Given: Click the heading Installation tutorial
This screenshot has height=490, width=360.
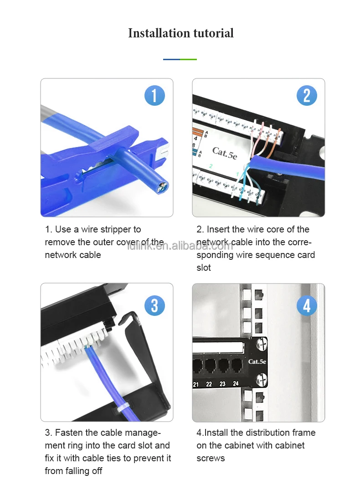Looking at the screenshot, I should [180, 33].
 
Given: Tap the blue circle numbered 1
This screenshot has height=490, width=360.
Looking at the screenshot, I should [154, 96].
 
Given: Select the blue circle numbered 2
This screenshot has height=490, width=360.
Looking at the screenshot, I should [306, 96].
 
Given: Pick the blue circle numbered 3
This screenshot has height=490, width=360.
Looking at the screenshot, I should [154, 305].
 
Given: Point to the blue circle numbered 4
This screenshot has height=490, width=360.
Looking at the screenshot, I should [306, 305].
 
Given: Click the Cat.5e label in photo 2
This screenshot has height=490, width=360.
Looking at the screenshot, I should [224, 153].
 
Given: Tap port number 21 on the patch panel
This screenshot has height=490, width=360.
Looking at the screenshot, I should [196, 384].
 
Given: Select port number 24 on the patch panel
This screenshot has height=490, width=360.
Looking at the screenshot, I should [236, 384].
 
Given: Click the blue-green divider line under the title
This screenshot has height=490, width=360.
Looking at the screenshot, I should [180, 59].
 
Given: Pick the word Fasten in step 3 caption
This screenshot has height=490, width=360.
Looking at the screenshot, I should [69, 433].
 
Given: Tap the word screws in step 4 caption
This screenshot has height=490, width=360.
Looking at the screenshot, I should [211, 458].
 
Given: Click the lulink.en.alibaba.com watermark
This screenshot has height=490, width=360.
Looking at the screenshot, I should [180, 246].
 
